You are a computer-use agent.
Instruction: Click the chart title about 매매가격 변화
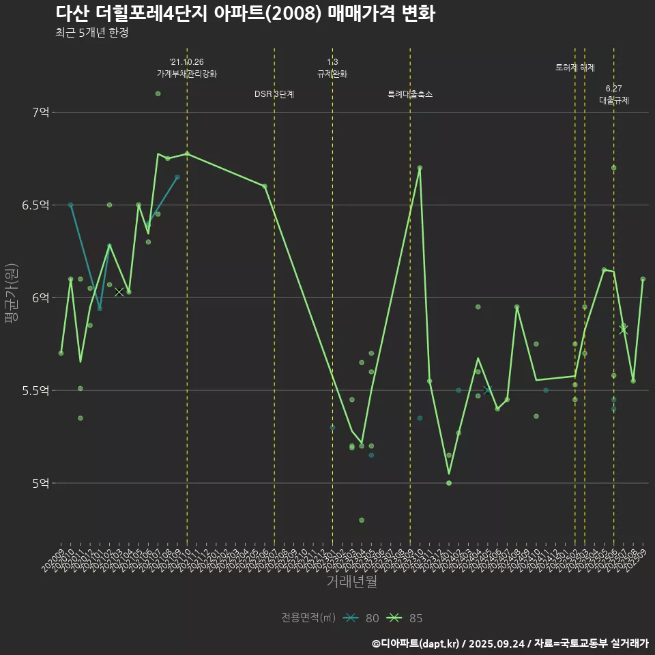245,14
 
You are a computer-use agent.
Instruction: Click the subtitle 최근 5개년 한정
92,33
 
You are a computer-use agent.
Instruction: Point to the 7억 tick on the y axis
40,112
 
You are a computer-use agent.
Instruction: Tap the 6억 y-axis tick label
40,297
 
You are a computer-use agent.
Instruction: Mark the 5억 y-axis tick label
40,483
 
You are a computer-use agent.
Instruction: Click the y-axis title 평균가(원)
12,297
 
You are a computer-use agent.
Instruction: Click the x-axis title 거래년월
351,582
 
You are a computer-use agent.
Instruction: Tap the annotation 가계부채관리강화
187,74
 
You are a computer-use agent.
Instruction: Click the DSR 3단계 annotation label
274,94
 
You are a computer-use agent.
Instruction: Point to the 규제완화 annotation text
332,74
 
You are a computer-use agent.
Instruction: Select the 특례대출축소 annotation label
410,94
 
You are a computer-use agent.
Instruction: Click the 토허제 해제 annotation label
575,68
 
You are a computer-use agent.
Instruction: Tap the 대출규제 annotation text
614,100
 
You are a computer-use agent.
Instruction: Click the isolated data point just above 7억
158,93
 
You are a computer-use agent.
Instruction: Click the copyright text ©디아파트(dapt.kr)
417,643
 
